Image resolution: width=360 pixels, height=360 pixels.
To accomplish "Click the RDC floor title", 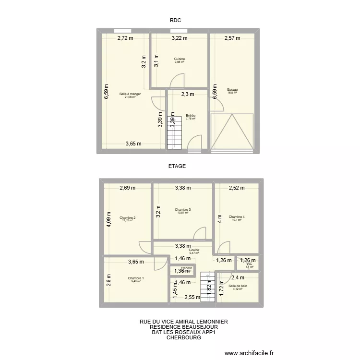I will pos(175,20).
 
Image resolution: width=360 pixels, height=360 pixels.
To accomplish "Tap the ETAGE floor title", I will pos(177,166).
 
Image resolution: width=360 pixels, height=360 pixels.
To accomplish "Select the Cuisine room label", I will pos(179,59).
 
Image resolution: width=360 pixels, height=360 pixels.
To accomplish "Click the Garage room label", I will pos(232,90).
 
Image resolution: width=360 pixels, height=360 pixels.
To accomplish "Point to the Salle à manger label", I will pos(130,94).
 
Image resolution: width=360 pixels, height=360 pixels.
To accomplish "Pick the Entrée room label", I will pos(191,115).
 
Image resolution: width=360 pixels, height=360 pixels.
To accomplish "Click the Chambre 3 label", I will pos(183,210).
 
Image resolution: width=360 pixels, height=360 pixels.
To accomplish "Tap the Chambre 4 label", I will pos(237,217).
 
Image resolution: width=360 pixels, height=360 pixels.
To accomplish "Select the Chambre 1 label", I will pos(135,278).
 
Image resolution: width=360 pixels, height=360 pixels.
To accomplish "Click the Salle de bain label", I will pos(238,287).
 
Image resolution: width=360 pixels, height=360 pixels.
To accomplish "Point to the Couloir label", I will pos(194,250).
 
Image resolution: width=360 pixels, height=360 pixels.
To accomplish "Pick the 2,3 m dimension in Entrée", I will pos(188,95).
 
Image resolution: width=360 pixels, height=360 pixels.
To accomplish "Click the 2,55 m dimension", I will pos(192,297).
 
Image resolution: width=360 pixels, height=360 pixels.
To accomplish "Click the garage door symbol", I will pos(232,132).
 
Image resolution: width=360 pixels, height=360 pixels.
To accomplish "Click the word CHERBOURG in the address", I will pos(183,337).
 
